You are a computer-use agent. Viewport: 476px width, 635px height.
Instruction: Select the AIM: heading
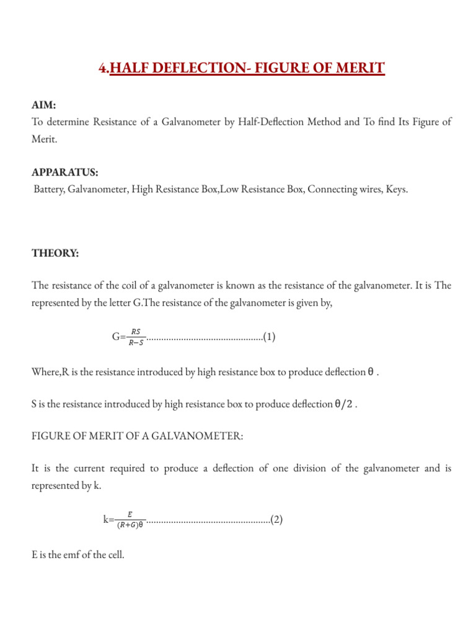(43, 106)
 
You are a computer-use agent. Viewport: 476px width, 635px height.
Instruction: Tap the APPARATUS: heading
(65, 172)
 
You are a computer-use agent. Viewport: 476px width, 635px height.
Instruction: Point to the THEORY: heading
(55, 252)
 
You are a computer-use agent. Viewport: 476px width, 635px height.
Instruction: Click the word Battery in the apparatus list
(50, 190)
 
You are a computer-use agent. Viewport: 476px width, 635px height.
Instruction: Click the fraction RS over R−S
(136, 337)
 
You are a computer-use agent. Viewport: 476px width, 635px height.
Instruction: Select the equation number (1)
(270, 337)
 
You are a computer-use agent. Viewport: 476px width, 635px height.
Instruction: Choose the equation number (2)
(277, 519)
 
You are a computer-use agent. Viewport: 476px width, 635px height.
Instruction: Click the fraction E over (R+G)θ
(130, 520)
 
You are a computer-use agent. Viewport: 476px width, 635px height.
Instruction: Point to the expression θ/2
(344, 404)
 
